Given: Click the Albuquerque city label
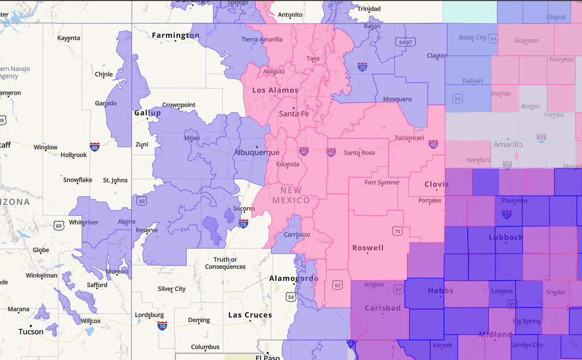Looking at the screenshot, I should tap(256, 153).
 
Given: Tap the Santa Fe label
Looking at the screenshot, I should tap(294, 114).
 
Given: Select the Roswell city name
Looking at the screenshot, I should tap(368, 248).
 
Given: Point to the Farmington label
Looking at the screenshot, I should tap(176, 36).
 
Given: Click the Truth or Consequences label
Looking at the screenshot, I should tap(225, 263).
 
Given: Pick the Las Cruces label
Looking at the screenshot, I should tap(250, 315).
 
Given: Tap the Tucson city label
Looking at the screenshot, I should tap(31, 332).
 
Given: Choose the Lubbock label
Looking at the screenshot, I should tap(506, 237).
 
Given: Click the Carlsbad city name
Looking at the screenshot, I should tap(382, 309).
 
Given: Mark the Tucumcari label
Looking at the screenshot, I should tap(409, 138).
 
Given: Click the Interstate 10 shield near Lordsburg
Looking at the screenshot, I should tap(162, 325).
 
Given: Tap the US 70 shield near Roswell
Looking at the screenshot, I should tap(397, 231).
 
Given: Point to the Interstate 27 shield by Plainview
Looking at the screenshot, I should tap(506, 215).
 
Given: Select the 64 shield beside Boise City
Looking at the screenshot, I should tap(492, 38).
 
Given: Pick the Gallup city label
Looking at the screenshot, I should tap(148, 113).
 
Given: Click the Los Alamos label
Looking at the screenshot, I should tap(275, 90).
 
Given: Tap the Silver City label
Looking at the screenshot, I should tap(171, 289).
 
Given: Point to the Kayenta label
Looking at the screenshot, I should tap(69, 38).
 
